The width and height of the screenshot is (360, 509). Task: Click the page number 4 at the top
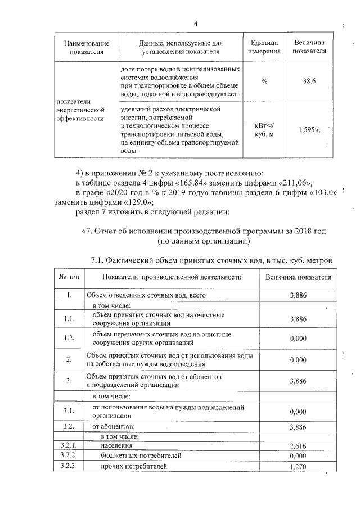tap(196, 24)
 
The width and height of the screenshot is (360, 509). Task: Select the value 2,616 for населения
tap(298, 445)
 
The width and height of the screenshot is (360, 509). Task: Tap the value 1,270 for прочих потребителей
tap(298, 467)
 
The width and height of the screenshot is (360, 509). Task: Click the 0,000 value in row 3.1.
tap(298, 412)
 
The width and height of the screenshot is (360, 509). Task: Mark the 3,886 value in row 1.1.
tap(298, 319)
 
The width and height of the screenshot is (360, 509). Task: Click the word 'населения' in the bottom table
tap(117, 445)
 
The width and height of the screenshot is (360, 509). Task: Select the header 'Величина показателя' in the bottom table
tap(298, 277)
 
